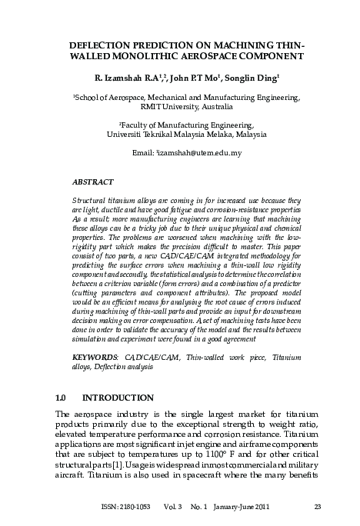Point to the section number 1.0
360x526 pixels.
tap(63, 398)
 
